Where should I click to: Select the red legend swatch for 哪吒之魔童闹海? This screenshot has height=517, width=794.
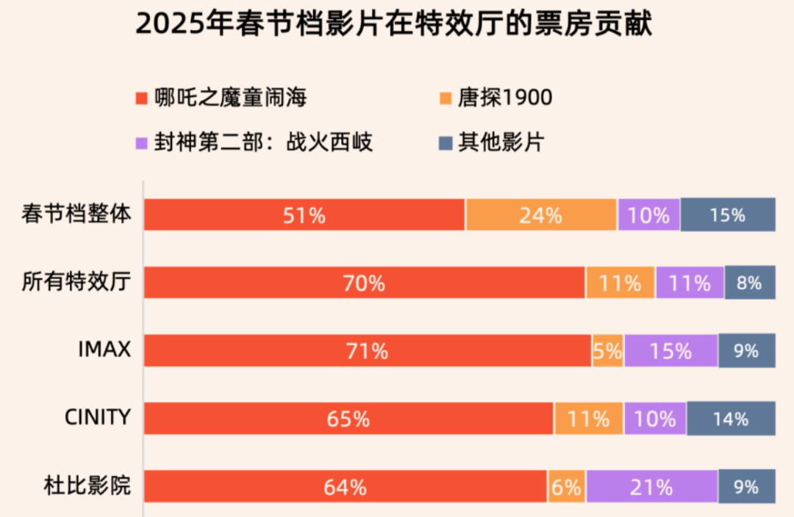pyautogui.click(x=143, y=98)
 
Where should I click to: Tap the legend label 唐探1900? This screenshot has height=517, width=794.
pyautogui.click(x=504, y=98)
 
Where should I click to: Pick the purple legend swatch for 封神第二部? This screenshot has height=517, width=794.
pyautogui.click(x=143, y=142)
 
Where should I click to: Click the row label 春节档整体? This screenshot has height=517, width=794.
pyautogui.click(x=76, y=214)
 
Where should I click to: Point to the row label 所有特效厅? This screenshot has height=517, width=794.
pyautogui.click(x=76, y=282)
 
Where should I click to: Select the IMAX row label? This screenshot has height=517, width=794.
pyautogui.click(x=104, y=350)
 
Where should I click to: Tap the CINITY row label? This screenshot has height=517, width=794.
pyautogui.click(x=98, y=417)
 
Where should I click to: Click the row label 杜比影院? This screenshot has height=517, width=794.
pyautogui.click(x=87, y=485)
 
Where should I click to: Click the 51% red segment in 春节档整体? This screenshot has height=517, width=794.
pyautogui.click(x=304, y=214)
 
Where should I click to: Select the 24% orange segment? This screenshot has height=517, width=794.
pyautogui.click(x=541, y=214)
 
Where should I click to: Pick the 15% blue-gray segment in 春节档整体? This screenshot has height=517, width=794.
pyautogui.click(x=728, y=214)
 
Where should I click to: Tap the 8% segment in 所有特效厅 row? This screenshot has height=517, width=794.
pyautogui.click(x=750, y=282)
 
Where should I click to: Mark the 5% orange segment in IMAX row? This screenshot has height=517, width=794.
pyautogui.click(x=608, y=350)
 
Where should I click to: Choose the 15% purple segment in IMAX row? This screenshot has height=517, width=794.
pyautogui.click(x=670, y=350)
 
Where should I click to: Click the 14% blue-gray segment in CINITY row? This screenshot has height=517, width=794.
pyautogui.click(x=731, y=419)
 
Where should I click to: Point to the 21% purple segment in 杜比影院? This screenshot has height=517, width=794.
pyautogui.click(x=651, y=486)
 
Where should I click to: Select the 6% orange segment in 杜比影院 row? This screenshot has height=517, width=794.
pyautogui.click(x=567, y=486)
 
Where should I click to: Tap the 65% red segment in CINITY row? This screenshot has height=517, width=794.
pyautogui.click(x=348, y=419)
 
